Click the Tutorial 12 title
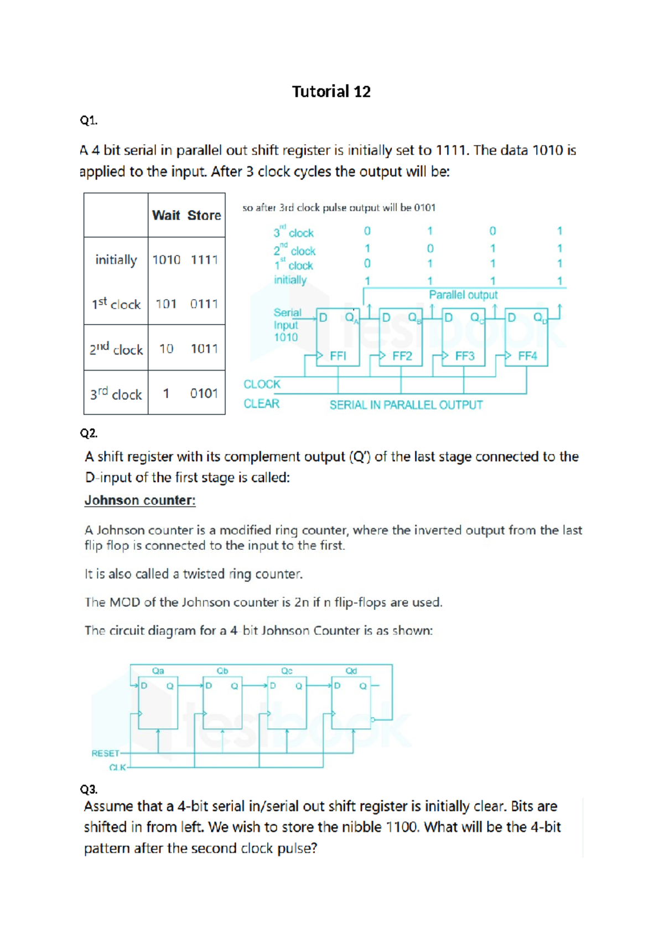tap(331, 91)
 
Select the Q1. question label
tap(89, 120)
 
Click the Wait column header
tap(166, 215)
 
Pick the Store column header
tap(204, 215)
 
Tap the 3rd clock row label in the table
tap(116, 394)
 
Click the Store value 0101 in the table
tap(204, 393)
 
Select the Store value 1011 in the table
tap(204, 348)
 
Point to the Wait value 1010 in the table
tap(167, 259)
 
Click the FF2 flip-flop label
tap(402, 356)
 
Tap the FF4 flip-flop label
tap(527, 356)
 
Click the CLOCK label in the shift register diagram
tap(262, 384)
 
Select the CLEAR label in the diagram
tap(261, 404)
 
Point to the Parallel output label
tap(463, 295)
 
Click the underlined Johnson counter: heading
tap(140, 501)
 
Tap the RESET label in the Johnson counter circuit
tap(105, 753)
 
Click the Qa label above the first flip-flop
tap(158, 671)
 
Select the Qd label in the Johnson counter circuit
tap(351, 671)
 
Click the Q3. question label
tap(89, 789)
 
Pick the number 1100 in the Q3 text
tap(402, 827)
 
